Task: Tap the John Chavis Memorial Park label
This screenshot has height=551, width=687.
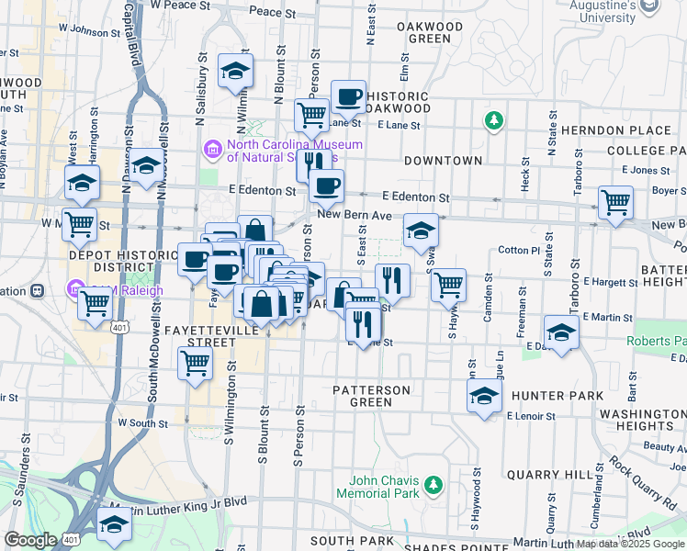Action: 384,488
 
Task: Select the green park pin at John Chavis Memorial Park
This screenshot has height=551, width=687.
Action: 433,483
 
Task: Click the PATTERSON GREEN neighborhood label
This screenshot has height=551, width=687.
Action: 373,396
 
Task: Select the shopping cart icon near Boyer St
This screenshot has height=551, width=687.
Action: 615,203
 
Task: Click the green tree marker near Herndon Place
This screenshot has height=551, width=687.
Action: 494,120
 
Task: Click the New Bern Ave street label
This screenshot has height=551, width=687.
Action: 355,214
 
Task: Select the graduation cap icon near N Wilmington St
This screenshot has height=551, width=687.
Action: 236,70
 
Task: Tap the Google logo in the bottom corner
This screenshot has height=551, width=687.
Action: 30,540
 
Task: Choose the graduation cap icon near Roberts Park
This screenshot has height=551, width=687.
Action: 561,332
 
